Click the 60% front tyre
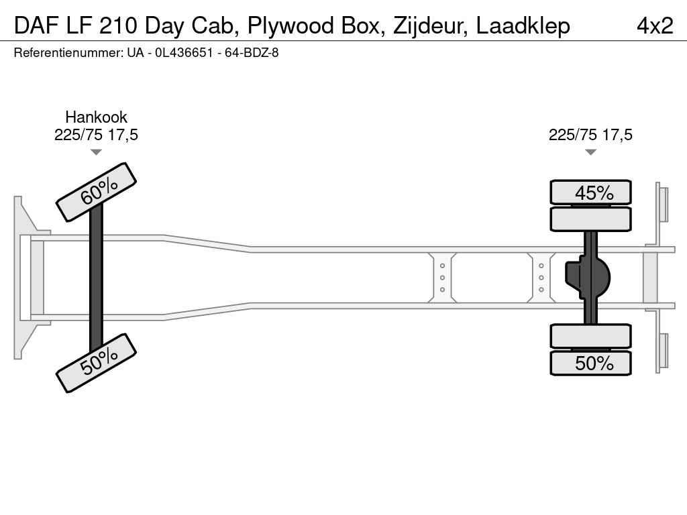click(97, 192)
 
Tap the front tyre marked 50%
click(97, 363)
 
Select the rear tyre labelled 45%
click(590, 192)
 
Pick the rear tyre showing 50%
click(590, 363)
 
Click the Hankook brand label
click(97, 117)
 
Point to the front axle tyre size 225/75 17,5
click(97, 134)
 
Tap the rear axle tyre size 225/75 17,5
click(590, 134)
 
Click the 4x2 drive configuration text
click(655, 26)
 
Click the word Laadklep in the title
click(523, 26)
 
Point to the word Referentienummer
click(68, 53)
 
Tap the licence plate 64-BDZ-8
click(252, 53)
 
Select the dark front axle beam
click(96, 278)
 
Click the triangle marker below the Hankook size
click(96, 152)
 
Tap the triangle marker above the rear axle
click(590, 152)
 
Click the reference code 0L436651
click(184, 53)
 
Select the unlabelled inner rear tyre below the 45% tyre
click(590, 219)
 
